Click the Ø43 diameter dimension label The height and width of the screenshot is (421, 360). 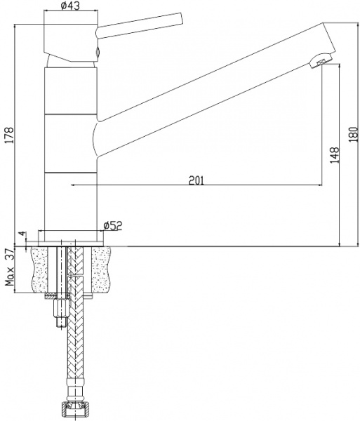[70, 6]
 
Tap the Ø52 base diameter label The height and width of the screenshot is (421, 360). [113, 226]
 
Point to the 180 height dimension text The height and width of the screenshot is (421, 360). [354, 134]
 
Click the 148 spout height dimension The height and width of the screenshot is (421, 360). [335, 155]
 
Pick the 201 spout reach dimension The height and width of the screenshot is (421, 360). [196, 180]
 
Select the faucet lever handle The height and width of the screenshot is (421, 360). [139, 26]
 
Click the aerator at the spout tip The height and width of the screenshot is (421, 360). [321, 60]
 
